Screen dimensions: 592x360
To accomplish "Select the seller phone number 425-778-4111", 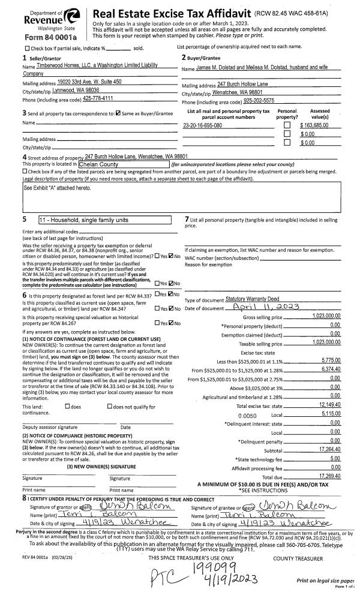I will (x=98, y=98).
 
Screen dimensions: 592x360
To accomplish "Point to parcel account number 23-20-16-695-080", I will (x=202, y=125).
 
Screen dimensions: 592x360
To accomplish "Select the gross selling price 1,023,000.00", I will (x=326, y=315).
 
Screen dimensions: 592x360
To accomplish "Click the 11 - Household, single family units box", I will (x=105, y=220).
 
